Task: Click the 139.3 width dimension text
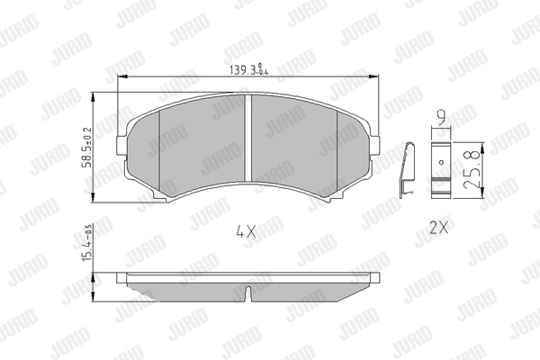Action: click(248, 70)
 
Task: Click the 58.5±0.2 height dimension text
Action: click(87, 148)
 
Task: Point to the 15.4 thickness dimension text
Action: click(87, 242)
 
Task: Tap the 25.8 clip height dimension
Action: click(472, 169)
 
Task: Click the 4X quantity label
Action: click(247, 231)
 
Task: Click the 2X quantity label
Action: click(439, 228)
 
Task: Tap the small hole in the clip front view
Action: click(442, 162)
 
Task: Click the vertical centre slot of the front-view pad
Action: click(248, 138)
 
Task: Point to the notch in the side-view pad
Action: click(248, 292)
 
